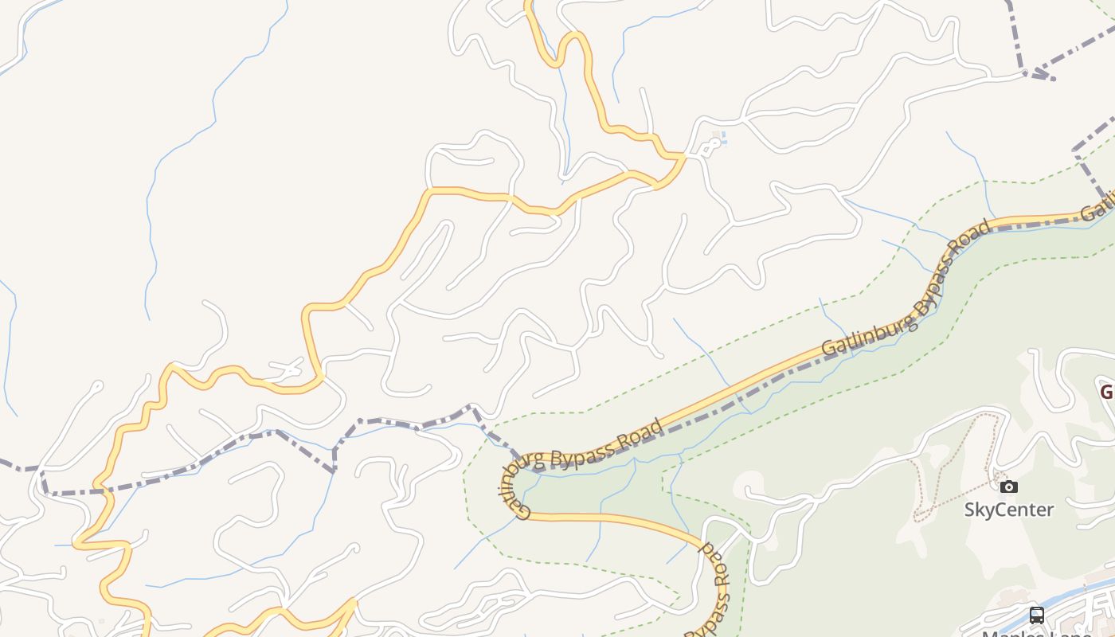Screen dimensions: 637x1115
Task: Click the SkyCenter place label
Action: click(x=1009, y=510)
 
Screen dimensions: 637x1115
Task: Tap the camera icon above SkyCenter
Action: click(x=1009, y=487)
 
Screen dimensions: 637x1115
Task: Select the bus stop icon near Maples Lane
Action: click(x=1036, y=615)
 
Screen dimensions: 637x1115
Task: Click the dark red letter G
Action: click(x=1107, y=392)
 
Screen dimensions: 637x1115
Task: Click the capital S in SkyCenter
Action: click(x=970, y=510)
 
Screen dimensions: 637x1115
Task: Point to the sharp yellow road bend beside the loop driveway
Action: click(x=683, y=156)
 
